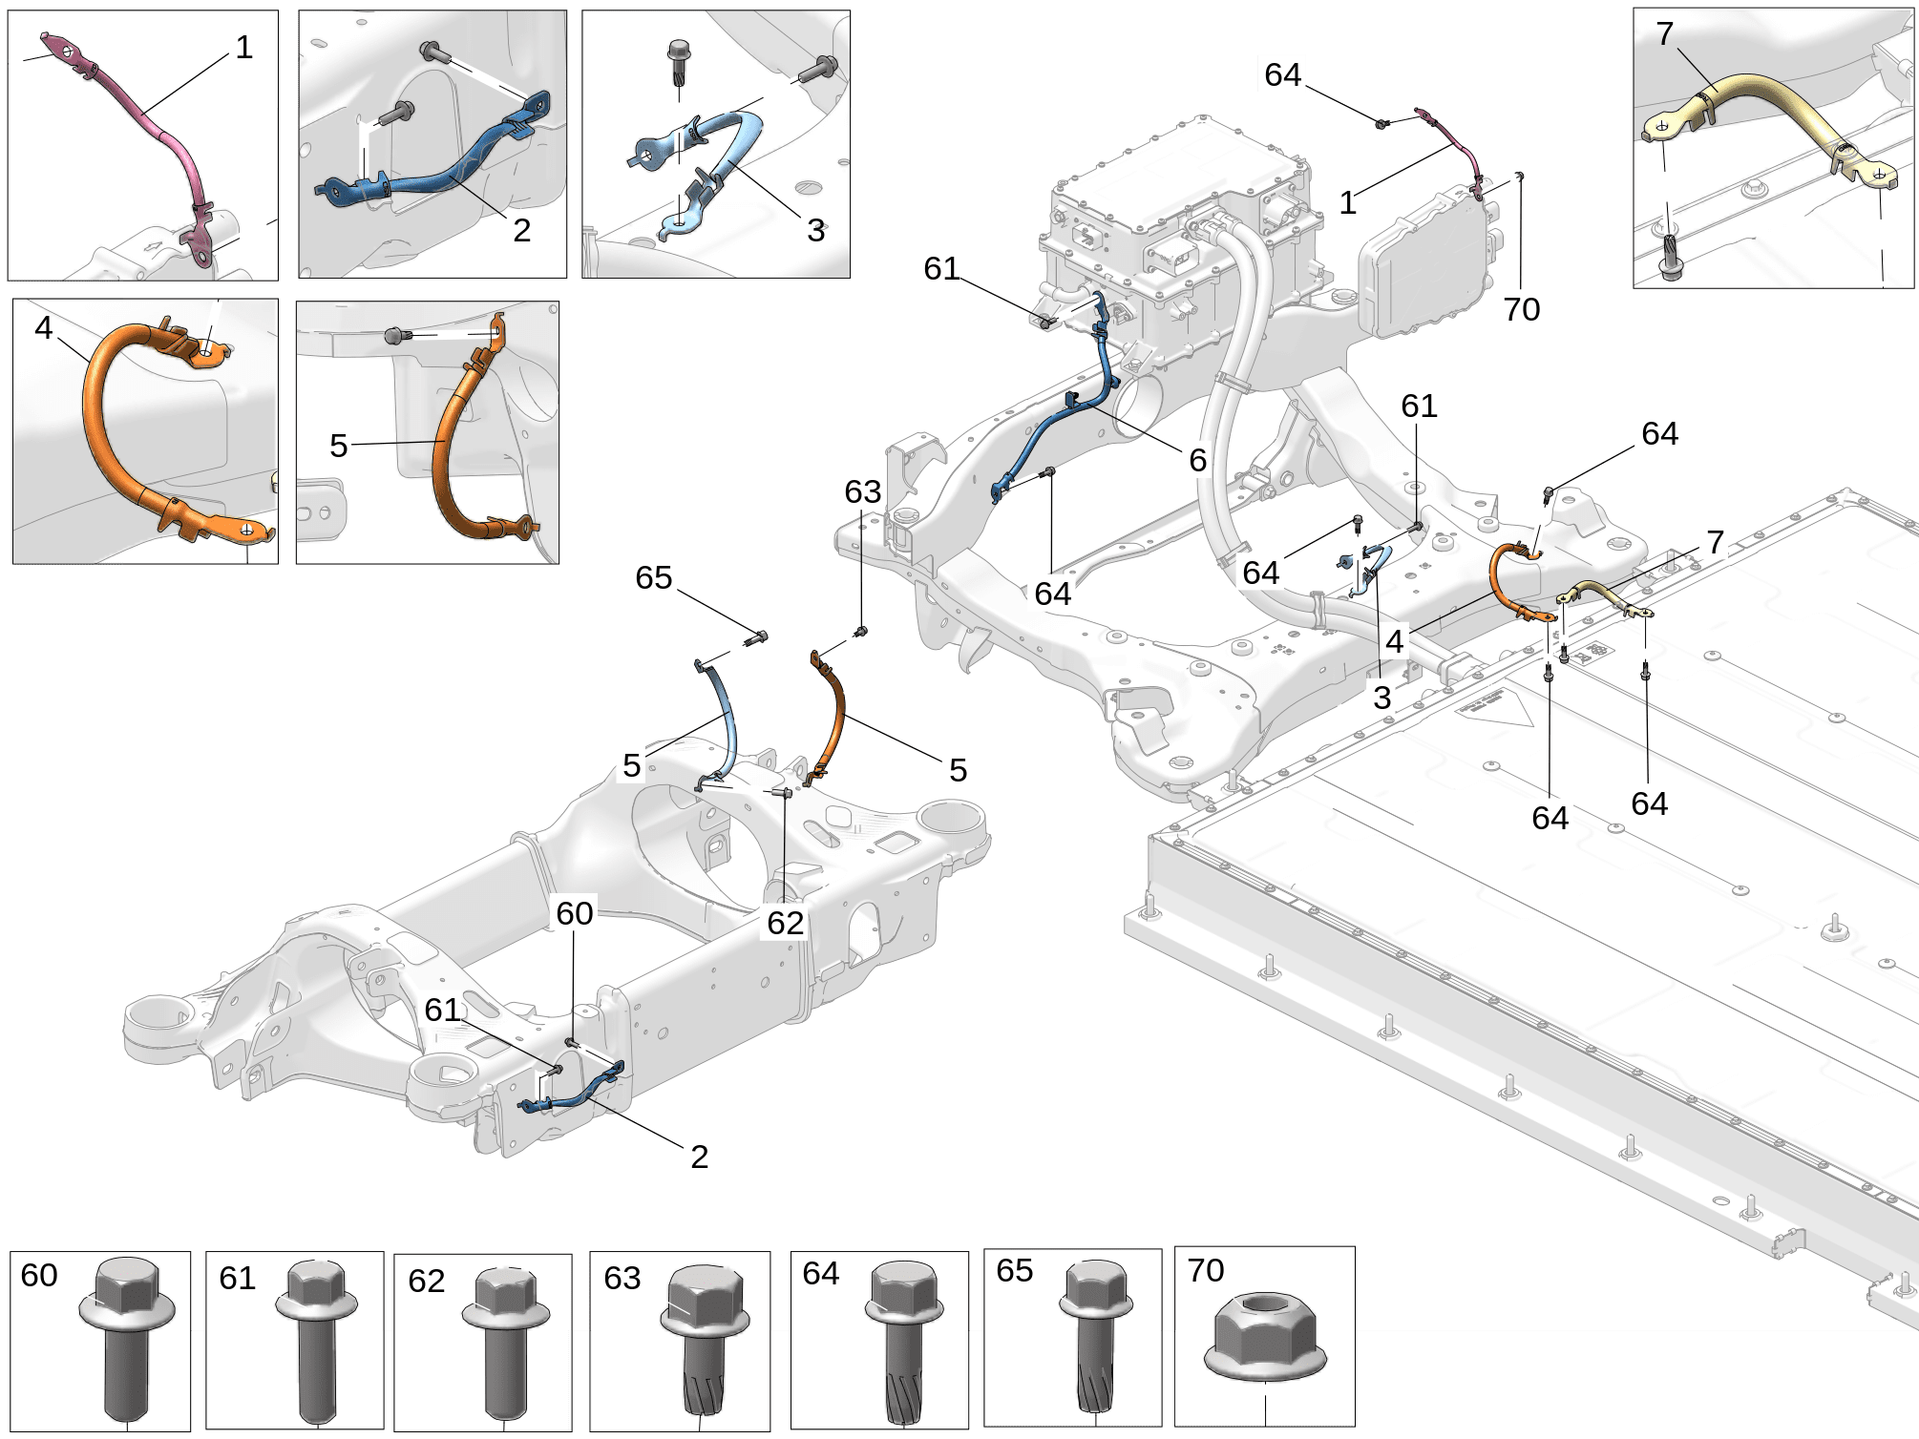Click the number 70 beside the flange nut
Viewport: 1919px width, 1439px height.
[x=1205, y=1271]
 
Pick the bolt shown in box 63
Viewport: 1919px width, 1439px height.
[x=705, y=1341]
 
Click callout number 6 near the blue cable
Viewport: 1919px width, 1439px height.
[x=1197, y=461]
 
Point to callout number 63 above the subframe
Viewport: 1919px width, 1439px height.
[x=862, y=492]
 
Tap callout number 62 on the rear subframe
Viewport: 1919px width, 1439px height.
[x=785, y=923]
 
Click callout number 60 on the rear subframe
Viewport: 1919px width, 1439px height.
[x=574, y=914]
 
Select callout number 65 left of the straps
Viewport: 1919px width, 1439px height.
[x=653, y=578]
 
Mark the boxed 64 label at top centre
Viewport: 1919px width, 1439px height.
[x=1282, y=74]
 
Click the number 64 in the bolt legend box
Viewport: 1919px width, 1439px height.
[x=820, y=1274]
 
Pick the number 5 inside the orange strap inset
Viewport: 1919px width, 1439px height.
[x=338, y=446]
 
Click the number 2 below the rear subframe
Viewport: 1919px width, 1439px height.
[x=699, y=1157]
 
